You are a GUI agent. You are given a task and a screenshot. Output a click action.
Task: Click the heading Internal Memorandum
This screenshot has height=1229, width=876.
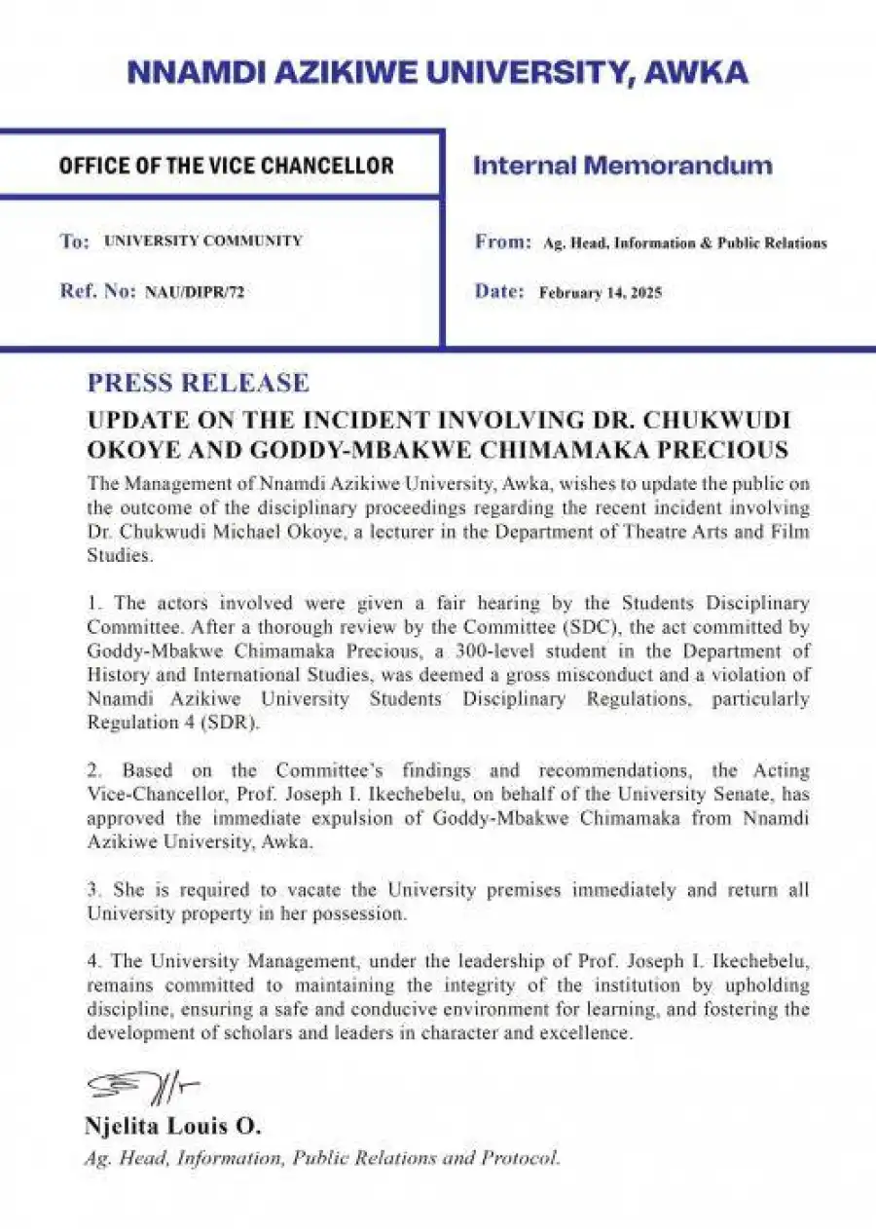click(x=622, y=166)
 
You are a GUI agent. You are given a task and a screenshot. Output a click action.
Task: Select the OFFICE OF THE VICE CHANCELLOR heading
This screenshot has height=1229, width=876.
click(x=226, y=166)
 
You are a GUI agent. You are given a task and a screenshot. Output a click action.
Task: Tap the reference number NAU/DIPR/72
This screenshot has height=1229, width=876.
click(x=195, y=291)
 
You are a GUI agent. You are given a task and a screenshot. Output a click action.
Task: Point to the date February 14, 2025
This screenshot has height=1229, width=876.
click(x=600, y=292)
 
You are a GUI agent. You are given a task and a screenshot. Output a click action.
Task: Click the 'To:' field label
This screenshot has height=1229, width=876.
click(x=74, y=242)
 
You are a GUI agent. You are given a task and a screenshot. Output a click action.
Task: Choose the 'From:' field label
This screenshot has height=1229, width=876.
click(x=502, y=242)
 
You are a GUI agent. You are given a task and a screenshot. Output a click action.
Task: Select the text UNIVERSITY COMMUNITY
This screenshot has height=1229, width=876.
click(x=202, y=241)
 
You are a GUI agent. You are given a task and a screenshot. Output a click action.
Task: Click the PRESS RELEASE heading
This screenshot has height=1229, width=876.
click(x=198, y=382)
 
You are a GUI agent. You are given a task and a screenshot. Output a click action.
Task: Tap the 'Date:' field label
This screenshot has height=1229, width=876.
click(x=499, y=291)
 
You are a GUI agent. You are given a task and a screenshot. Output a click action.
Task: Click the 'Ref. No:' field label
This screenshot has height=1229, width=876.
click(x=97, y=291)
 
